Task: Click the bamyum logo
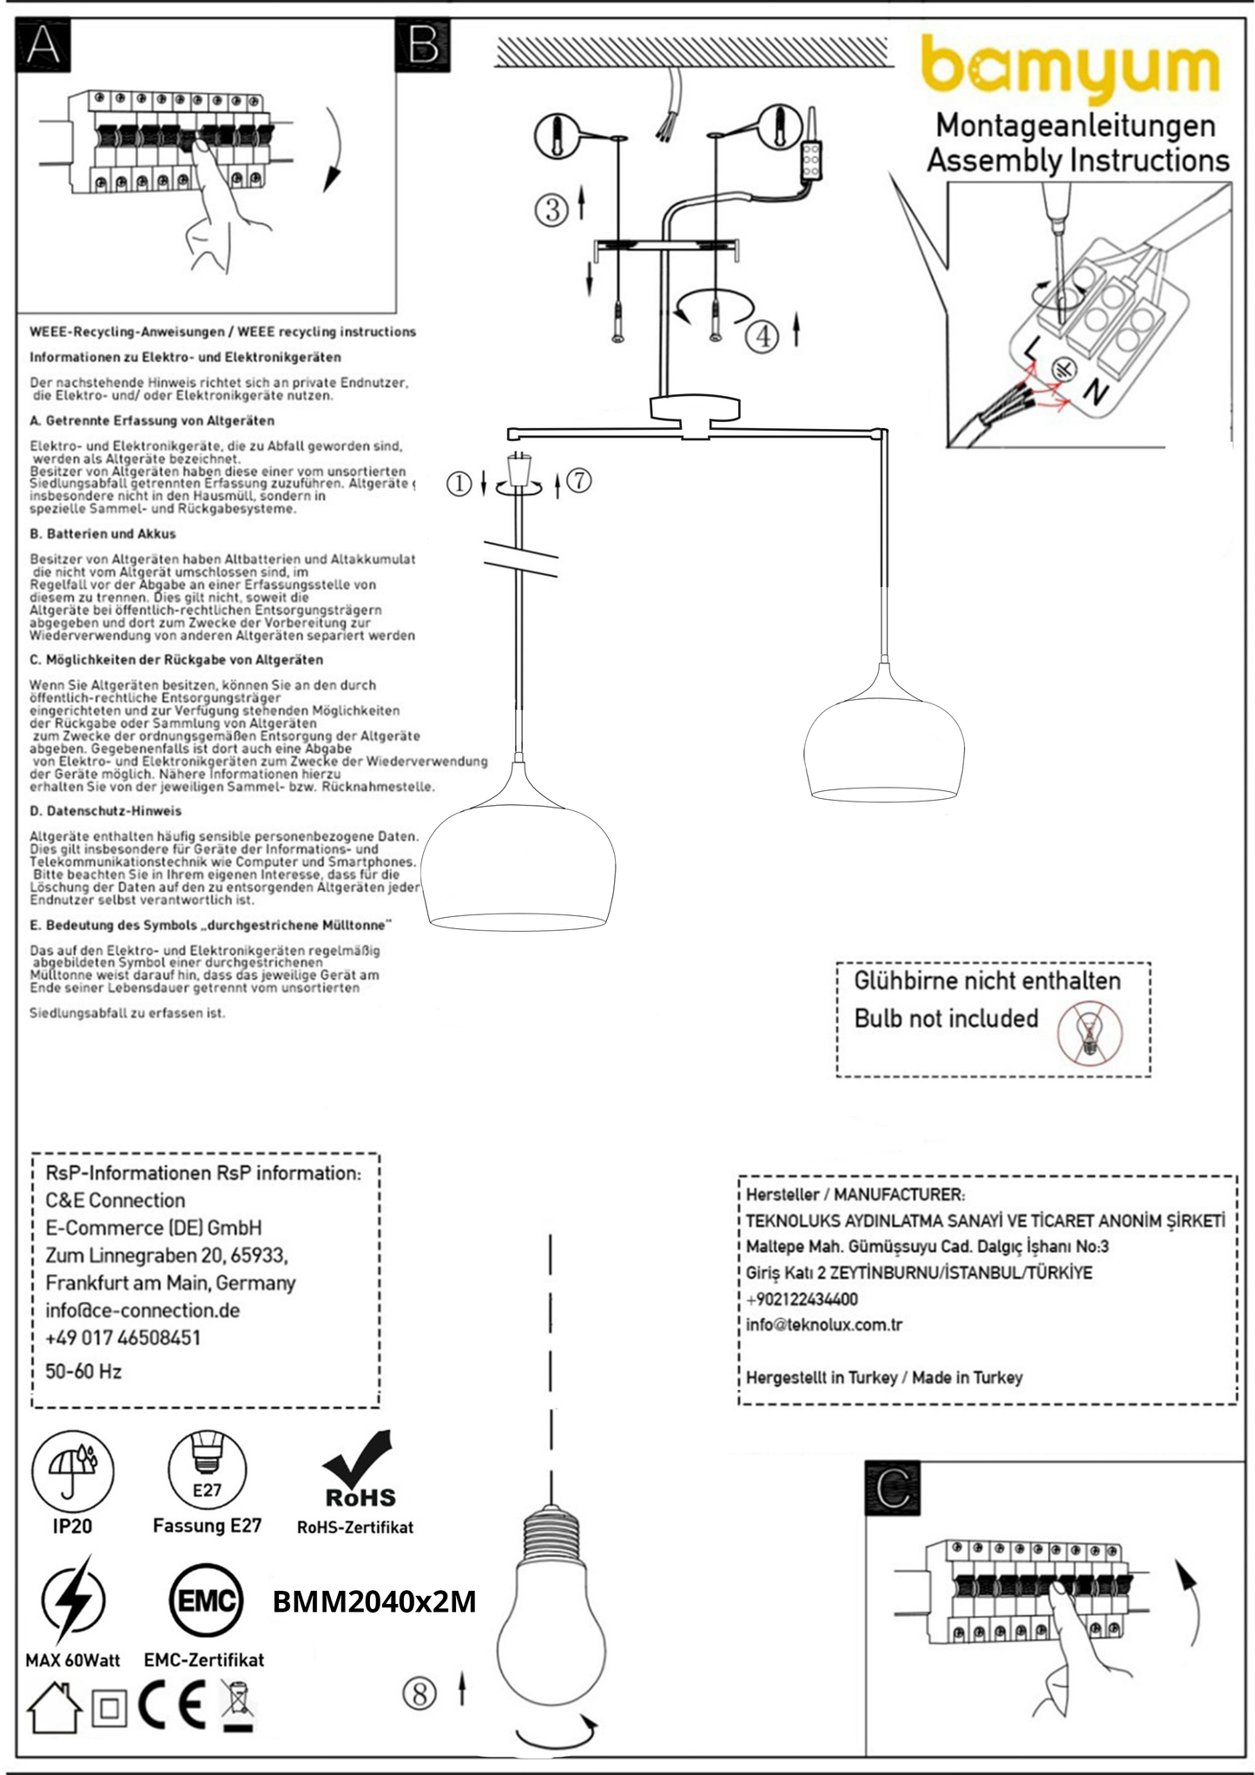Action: tap(1069, 66)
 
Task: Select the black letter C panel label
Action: tap(892, 1488)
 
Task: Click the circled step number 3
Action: tap(551, 209)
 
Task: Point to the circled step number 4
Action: tap(762, 335)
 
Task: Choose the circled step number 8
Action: tap(419, 1693)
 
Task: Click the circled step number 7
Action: tap(578, 479)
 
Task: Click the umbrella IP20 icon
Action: tap(72, 1471)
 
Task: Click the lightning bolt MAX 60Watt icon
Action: tap(73, 1600)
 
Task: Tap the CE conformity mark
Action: tap(172, 1707)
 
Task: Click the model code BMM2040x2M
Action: tap(374, 1601)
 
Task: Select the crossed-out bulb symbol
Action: tap(1089, 1033)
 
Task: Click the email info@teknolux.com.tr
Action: tap(823, 1324)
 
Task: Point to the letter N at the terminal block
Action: tap(1097, 393)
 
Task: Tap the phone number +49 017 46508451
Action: tap(122, 1337)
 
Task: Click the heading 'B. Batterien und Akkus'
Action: tap(102, 533)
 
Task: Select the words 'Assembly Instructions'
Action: tap(1078, 161)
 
